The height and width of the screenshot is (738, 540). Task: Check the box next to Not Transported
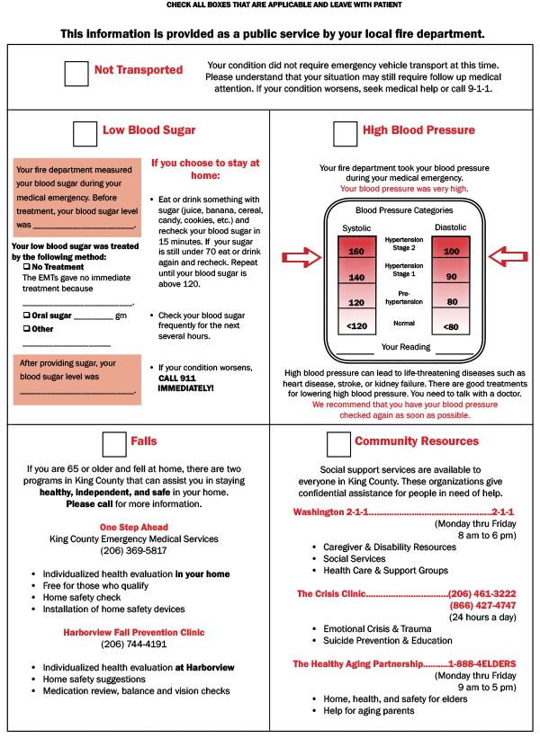[76, 74]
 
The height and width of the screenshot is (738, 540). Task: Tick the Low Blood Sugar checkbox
[85, 133]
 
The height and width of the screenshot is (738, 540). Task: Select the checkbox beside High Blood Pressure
[345, 133]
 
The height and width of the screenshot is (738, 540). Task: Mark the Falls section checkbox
[114, 444]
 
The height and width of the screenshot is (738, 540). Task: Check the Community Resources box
[338, 444]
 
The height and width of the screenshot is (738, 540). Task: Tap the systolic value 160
[356, 251]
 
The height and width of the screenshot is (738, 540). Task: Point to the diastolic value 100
[451, 251]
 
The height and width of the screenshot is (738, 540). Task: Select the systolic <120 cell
[356, 325]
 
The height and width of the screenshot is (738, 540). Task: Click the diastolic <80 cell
[451, 325]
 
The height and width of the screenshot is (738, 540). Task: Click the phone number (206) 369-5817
[133, 550]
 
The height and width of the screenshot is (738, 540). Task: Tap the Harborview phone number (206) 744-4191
[133, 644]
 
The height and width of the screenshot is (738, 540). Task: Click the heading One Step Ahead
[133, 528]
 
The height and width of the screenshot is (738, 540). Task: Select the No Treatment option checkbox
[26, 267]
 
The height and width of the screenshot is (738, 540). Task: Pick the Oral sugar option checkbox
[26, 316]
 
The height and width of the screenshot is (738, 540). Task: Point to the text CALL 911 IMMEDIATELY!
[185, 382]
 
